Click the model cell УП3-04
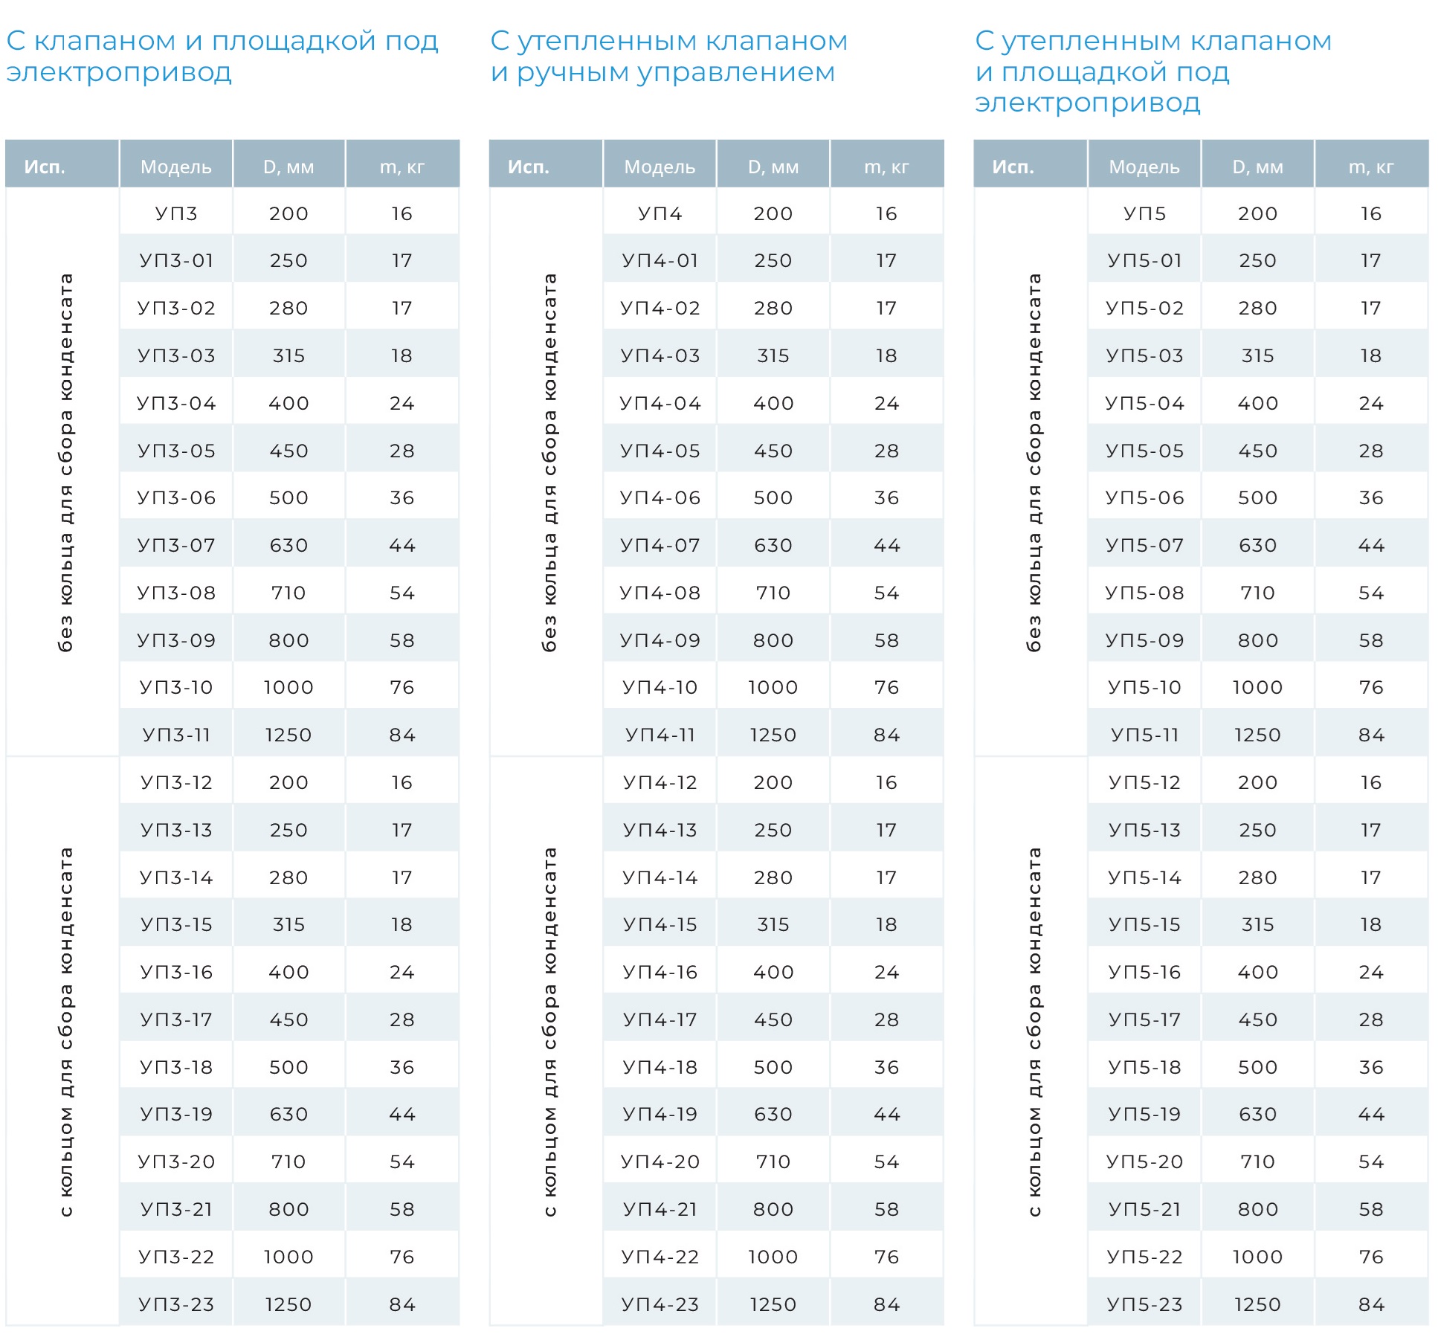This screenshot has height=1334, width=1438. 176,403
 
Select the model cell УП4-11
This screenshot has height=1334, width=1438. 660,735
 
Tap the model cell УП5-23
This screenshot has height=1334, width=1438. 1145,1304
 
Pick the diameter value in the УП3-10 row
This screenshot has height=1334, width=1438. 288,687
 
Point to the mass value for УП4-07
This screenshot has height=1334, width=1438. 886,545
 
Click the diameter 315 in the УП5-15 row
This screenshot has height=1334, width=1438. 1258,924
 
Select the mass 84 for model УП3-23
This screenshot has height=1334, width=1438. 402,1304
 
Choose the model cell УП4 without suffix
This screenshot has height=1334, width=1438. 660,213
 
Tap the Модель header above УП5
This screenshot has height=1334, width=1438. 1144,167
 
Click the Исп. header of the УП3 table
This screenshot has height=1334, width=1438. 45,167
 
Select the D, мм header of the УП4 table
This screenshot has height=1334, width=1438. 773,167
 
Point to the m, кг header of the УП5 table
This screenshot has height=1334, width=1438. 1371,167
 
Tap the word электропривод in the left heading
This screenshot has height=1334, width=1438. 119,72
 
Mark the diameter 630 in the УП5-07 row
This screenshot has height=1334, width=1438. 1258,545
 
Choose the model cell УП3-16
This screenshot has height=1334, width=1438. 176,972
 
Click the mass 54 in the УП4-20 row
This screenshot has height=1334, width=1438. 886,1161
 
